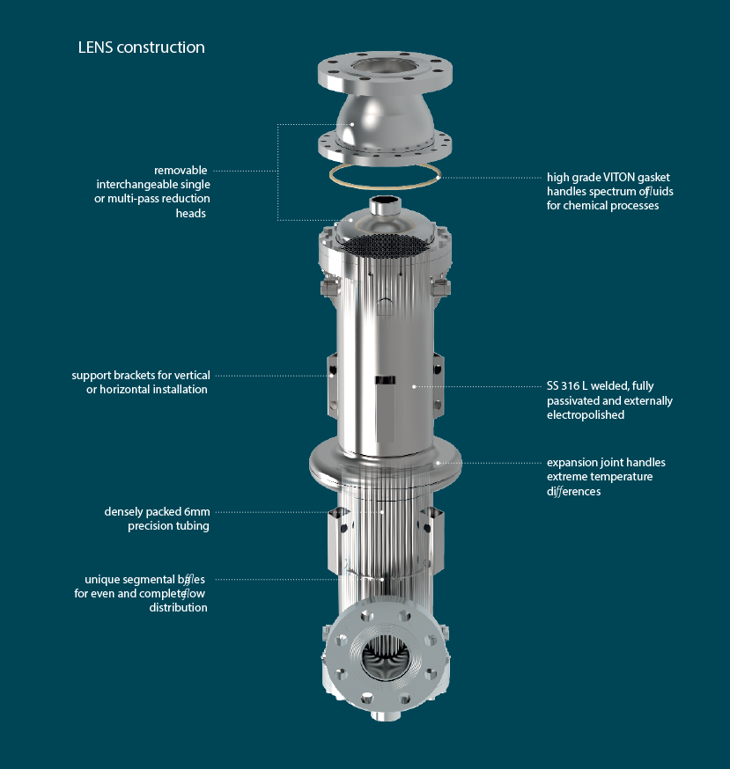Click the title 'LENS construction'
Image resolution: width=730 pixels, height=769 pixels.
click(142, 48)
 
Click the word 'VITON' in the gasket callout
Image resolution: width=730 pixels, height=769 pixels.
click(621, 177)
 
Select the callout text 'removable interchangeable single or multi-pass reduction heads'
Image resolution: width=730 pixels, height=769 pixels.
click(152, 191)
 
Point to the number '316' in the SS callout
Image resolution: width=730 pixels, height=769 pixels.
click(571, 386)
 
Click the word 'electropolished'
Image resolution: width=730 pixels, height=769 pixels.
click(586, 415)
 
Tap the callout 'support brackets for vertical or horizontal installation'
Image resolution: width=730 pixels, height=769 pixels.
click(141, 382)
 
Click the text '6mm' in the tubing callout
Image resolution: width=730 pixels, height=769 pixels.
click(197, 512)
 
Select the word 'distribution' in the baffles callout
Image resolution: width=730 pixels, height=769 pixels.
click(178, 608)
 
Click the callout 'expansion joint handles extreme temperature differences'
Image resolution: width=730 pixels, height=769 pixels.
click(606, 477)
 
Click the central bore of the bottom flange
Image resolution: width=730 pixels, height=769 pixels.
click(385, 658)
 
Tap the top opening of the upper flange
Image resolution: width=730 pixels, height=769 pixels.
click(378, 67)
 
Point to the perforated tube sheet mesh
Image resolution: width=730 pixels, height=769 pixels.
click(382, 244)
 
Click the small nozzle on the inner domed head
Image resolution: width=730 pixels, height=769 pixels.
click(385, 205)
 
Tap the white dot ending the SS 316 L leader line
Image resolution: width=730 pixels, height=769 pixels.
click(414, 386)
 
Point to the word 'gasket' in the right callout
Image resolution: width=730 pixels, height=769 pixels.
click(655, 178)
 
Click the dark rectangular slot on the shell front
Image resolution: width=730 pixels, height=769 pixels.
click(385, 380)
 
